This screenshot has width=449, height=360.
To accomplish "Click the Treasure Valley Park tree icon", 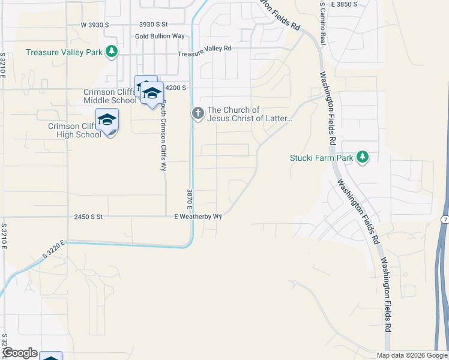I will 111,52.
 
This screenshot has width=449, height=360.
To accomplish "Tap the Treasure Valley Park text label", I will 64,52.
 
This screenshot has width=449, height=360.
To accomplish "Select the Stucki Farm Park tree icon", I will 362,157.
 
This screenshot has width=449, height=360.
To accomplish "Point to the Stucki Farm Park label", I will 321,158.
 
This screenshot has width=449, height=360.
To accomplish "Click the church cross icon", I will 197,113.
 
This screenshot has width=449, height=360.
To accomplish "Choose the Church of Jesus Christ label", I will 249,114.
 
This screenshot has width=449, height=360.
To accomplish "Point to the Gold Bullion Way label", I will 160,36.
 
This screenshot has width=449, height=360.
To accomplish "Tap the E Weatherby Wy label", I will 198,216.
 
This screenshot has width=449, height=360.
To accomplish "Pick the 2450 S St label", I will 89,216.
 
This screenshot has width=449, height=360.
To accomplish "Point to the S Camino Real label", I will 323,22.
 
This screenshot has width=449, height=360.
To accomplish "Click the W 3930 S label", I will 95,25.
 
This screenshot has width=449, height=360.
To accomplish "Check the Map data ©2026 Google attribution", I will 412,355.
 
